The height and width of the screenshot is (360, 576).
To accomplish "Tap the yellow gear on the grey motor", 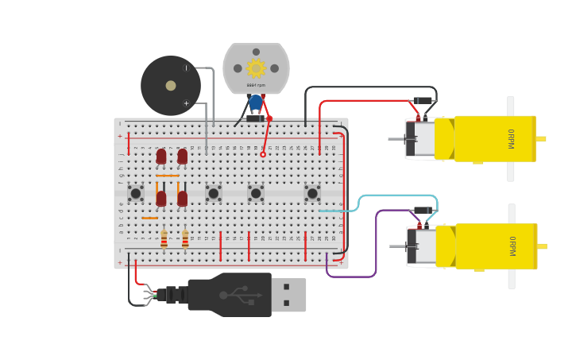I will point(256,68).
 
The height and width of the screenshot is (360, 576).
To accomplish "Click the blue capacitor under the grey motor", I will point(255,103).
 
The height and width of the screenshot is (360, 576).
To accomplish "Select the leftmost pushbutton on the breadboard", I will point(136,192).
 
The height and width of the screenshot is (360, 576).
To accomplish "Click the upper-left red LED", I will point(161,156).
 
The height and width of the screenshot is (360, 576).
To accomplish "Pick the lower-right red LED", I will point(183,198).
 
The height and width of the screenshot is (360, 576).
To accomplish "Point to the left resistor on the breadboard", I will point(164,238).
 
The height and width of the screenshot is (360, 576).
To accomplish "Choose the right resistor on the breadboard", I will point(185,238).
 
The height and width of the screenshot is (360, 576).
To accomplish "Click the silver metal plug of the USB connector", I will point(288,294).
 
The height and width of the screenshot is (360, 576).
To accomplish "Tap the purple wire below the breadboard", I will point(350,276).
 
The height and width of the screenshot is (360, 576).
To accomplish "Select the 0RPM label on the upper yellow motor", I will point(511,138).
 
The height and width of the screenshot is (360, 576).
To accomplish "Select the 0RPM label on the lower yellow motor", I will point(512,246).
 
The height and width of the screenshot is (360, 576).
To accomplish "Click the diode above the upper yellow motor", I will point(423,101).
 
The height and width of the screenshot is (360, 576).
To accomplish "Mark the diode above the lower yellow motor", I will point(423,211).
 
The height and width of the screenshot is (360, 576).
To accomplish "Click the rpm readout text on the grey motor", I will point(256,85).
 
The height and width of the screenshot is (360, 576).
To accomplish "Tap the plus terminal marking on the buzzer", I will point(187,103).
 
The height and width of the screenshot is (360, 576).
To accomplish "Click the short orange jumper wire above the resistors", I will point(149,218).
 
